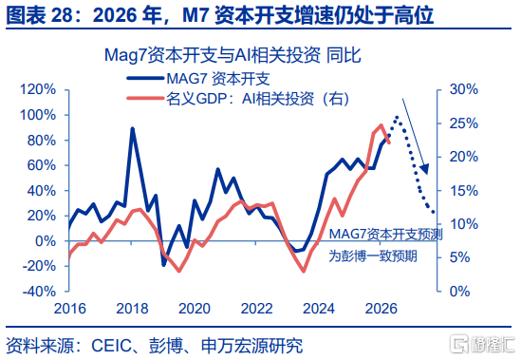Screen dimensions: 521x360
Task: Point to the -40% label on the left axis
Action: point(39,292)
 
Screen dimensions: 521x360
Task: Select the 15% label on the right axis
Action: point(464,191)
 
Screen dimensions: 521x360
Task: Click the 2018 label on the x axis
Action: point(132,309)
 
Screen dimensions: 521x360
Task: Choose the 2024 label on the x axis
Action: point(319,309)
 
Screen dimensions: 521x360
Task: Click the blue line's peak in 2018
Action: point(133,128)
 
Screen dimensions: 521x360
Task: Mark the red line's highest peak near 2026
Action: point(381,125)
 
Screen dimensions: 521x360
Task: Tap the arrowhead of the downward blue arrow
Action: point(425,169)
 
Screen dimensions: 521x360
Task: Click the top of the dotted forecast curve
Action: point(397,118)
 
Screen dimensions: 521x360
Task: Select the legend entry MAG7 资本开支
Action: point(198,79)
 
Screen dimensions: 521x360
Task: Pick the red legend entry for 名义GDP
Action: point(238,99)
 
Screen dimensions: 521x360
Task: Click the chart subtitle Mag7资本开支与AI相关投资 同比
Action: point(233,55)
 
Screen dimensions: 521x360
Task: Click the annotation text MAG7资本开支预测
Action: point(385,235)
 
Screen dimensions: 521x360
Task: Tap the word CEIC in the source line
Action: point(111,346)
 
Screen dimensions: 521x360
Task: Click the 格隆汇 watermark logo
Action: point(483,345)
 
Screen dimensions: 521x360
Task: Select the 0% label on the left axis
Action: point(46,241)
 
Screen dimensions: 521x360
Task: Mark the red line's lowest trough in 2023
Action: point(304,271)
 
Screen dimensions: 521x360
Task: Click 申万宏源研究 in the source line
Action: point(251,346)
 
